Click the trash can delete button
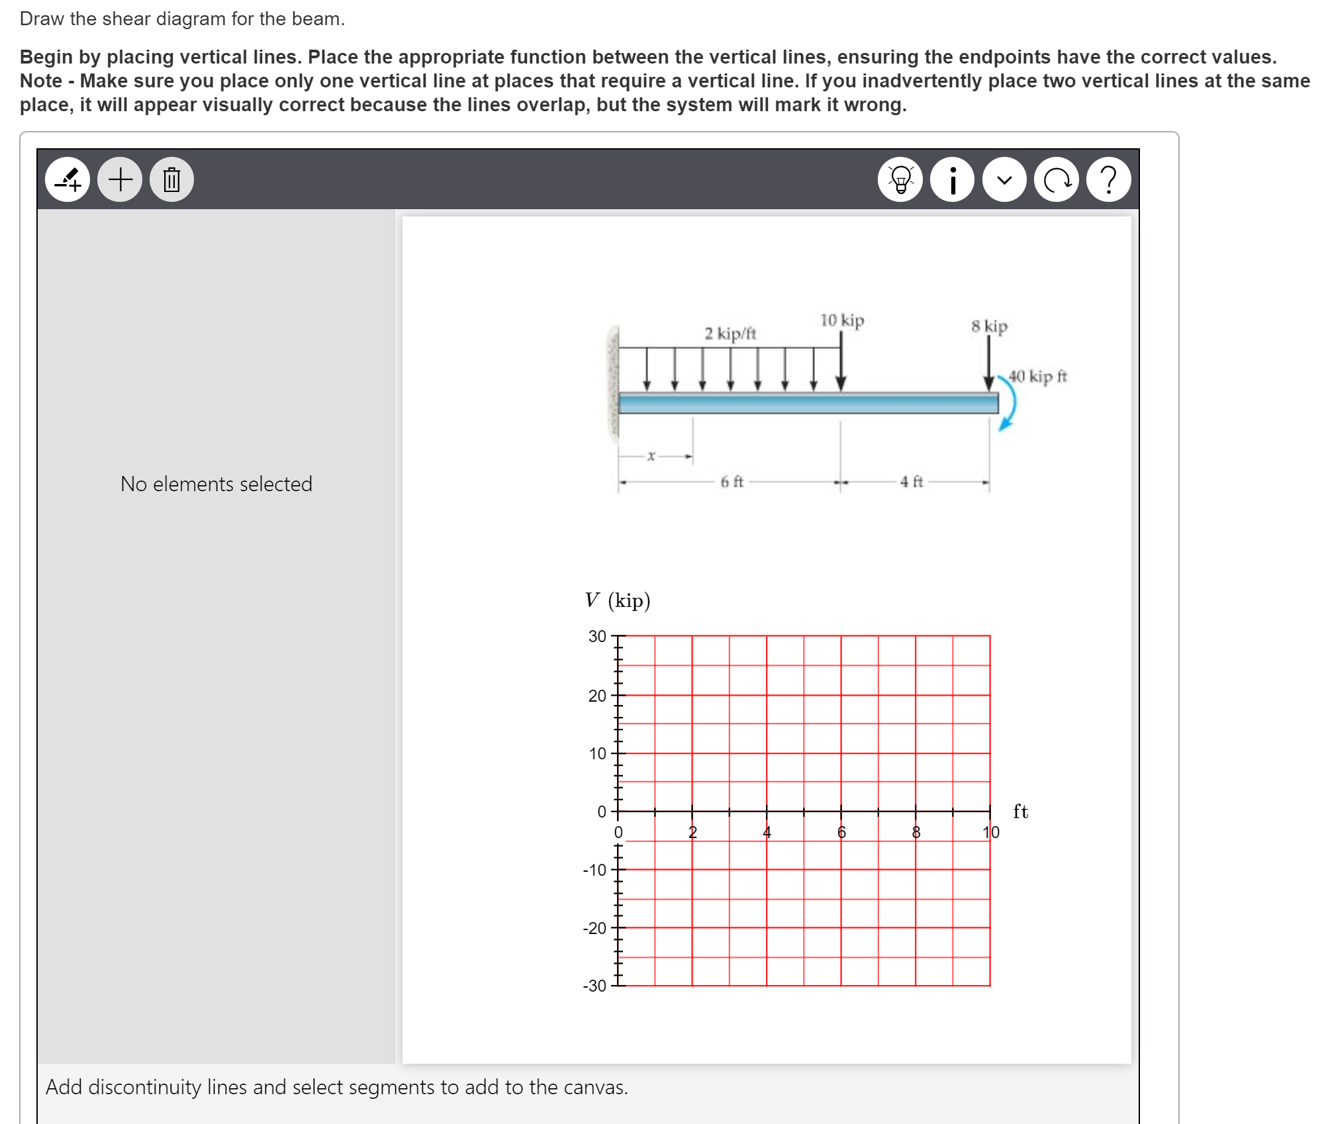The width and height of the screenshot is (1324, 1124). (x=171, y=179)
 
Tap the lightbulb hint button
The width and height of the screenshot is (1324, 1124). (x=900, y=179)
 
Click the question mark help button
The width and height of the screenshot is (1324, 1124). (x=1108, y=179)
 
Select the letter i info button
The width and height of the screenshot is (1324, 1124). (x=952, y=179)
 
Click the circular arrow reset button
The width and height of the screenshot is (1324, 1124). (x=1057, y=179)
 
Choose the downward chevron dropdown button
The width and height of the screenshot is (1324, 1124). (x=1004, y=179)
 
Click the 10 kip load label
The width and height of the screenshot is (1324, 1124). (x=842, y=320)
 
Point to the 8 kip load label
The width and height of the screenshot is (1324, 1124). (x=989, y=326)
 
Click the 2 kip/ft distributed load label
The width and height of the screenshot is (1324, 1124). (x=730, y=333)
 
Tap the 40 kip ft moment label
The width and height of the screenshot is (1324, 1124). (x=1037, y=377)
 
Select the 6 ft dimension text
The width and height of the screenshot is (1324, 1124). (x=732, y=482)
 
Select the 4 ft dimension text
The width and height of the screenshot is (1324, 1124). (x=911, y=482)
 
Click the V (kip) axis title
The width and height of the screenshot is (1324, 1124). (x=617, y=600)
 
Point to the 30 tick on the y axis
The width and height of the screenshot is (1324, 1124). (x=597, y=636)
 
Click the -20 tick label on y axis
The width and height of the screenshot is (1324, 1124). (x=594, y=928)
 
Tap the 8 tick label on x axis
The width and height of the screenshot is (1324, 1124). (x=916, y=833)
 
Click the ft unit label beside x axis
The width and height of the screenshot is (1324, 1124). (x=1020, y=812)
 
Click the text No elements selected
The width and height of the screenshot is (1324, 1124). (x=216, y=484)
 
